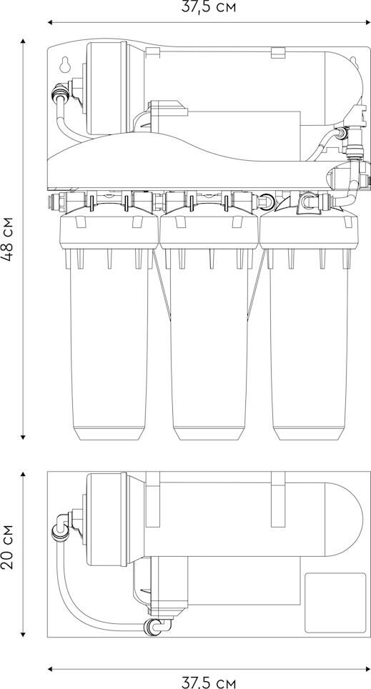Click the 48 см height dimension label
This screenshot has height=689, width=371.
(9, 239)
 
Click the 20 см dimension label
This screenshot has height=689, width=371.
(9, 546)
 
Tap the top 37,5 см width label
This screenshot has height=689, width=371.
(208, 7)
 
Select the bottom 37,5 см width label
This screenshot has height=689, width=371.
(208, 683)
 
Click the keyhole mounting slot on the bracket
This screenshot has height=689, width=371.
(66, 64)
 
